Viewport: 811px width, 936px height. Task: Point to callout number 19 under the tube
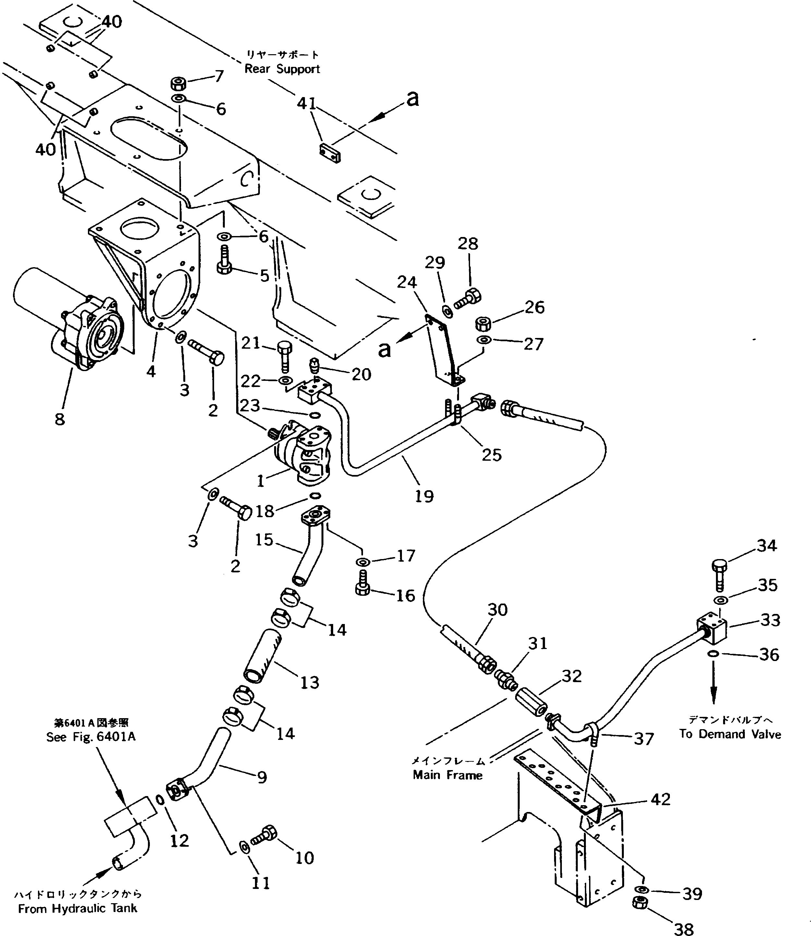(424, 496)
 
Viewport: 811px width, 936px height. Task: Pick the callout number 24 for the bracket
(406, 282)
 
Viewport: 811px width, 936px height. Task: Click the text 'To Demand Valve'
(730, 734)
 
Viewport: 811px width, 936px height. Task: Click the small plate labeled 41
(330, 153)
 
